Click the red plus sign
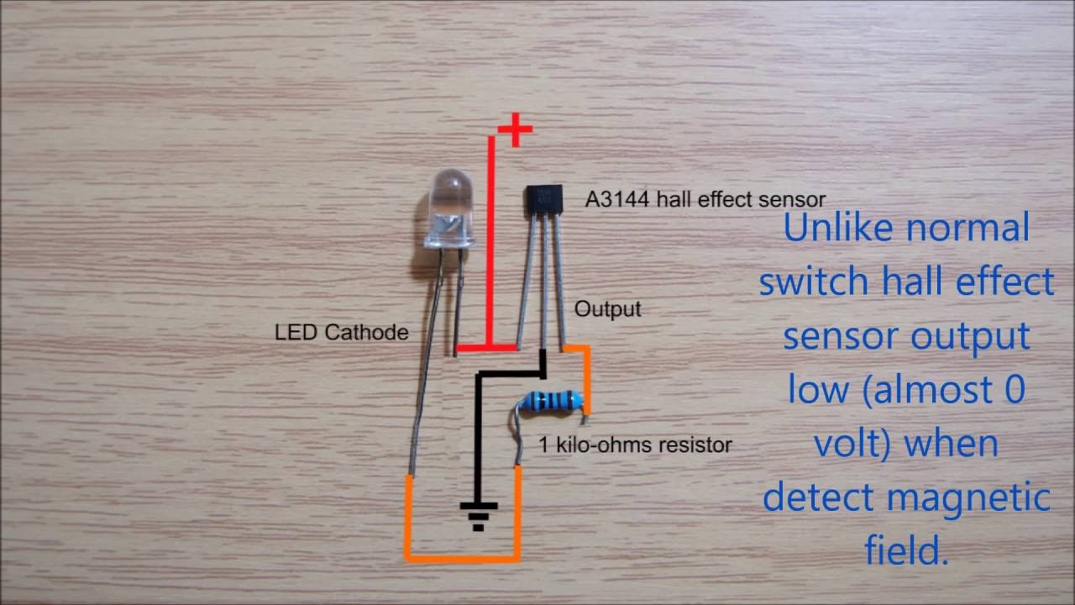coord(515,131)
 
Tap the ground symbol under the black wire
coord(478,514)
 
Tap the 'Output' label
coord(607,309)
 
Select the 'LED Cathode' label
coord(341,332)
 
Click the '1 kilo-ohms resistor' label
coord(635,445)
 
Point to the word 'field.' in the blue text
coord(906,551)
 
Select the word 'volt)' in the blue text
coord(852,444)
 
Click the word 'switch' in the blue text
coord(814,282)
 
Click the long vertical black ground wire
coord(479,437)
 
